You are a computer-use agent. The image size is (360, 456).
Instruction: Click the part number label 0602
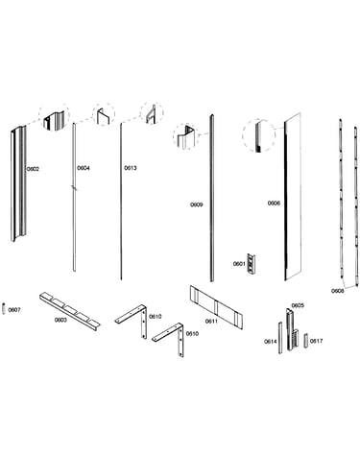click(33, 169)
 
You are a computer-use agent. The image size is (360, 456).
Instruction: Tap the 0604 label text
click(84, 168)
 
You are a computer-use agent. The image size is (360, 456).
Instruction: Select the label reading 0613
click(131, 168)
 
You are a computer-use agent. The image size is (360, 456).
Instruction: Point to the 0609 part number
click(197, 204)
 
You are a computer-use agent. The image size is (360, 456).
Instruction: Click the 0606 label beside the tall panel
click(274, 204)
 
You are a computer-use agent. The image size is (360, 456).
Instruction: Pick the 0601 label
click(239, 264)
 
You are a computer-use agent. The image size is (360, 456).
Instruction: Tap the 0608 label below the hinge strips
click(337, 291)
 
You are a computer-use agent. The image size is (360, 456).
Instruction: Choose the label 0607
click(14, 310)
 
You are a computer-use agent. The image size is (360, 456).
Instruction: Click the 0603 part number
click(60, 320)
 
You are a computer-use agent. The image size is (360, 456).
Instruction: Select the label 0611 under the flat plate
click(211, 322)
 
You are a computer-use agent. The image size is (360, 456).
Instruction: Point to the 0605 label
click(298, 305)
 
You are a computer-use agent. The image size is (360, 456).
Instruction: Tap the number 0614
click(271, 342)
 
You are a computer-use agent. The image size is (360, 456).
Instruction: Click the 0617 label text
click(317, 341)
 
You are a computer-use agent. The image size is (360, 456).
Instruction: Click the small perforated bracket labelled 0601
click(252, 263)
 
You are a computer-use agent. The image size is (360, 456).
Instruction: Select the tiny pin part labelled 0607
click(4, 308)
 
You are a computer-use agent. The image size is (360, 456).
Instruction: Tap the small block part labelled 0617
click(306, 341)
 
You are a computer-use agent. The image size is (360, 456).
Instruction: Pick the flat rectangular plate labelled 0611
click(216, 307)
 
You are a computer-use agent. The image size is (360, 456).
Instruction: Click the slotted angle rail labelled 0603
click(70, 311)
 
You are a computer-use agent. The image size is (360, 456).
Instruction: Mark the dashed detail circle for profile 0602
click(54, 117)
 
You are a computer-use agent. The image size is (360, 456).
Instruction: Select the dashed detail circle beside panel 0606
click(258, 135)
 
